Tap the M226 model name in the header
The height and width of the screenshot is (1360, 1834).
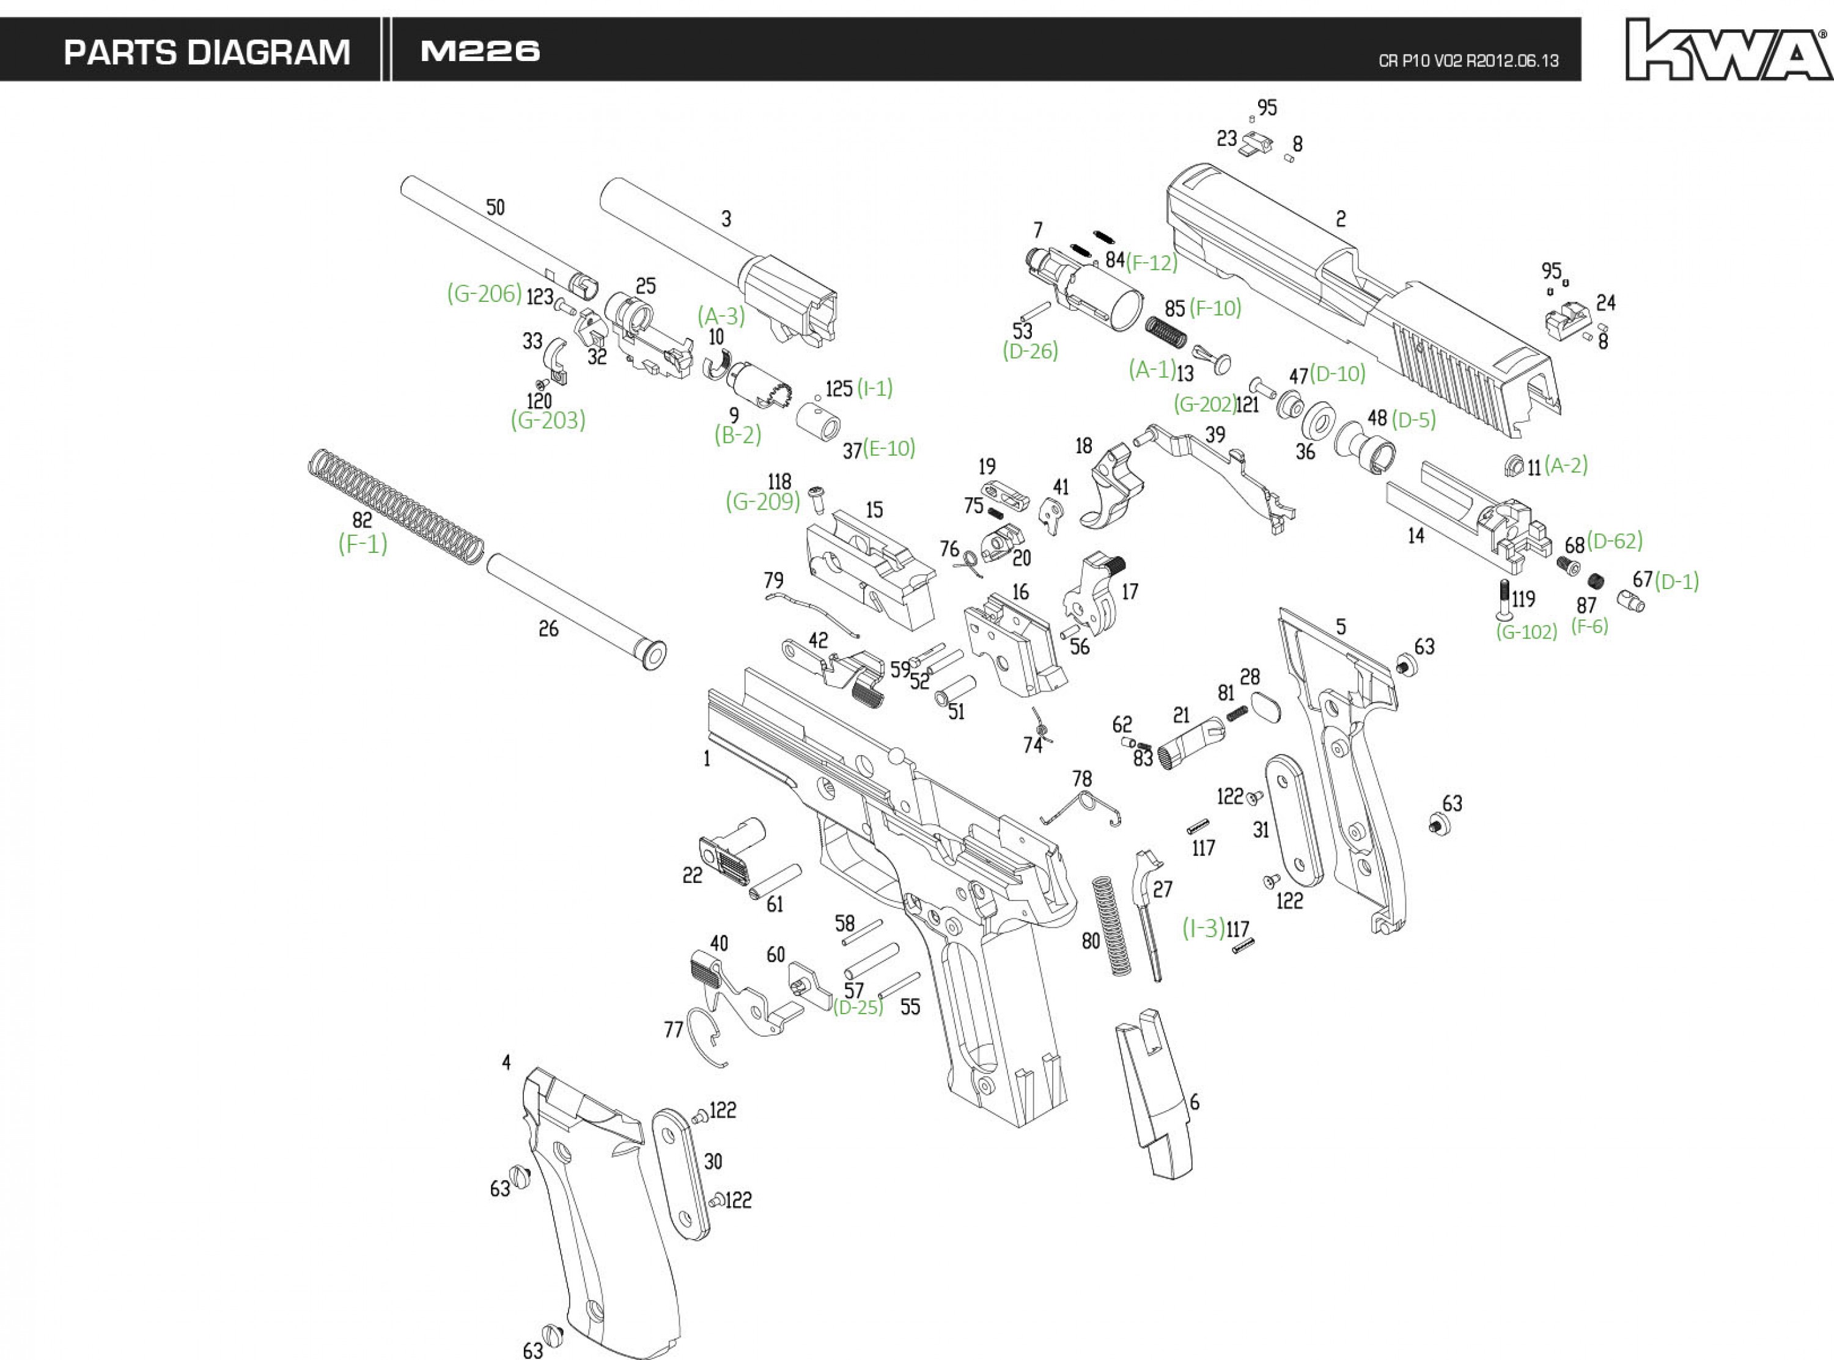click(479, 52)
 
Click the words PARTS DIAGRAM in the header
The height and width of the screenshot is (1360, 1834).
click(207, 53)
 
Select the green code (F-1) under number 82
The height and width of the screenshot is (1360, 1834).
click(363, 544)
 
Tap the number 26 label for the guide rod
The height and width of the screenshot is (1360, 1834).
click(548, 629)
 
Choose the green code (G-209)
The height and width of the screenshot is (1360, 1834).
click(762, 502)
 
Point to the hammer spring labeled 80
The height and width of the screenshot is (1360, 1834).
click(1110, 926)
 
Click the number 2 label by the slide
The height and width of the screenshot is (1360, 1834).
click(1341, 219)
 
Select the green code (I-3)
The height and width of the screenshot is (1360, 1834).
click(1204, 928)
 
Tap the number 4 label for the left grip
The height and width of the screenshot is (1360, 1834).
click(506, 1063)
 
